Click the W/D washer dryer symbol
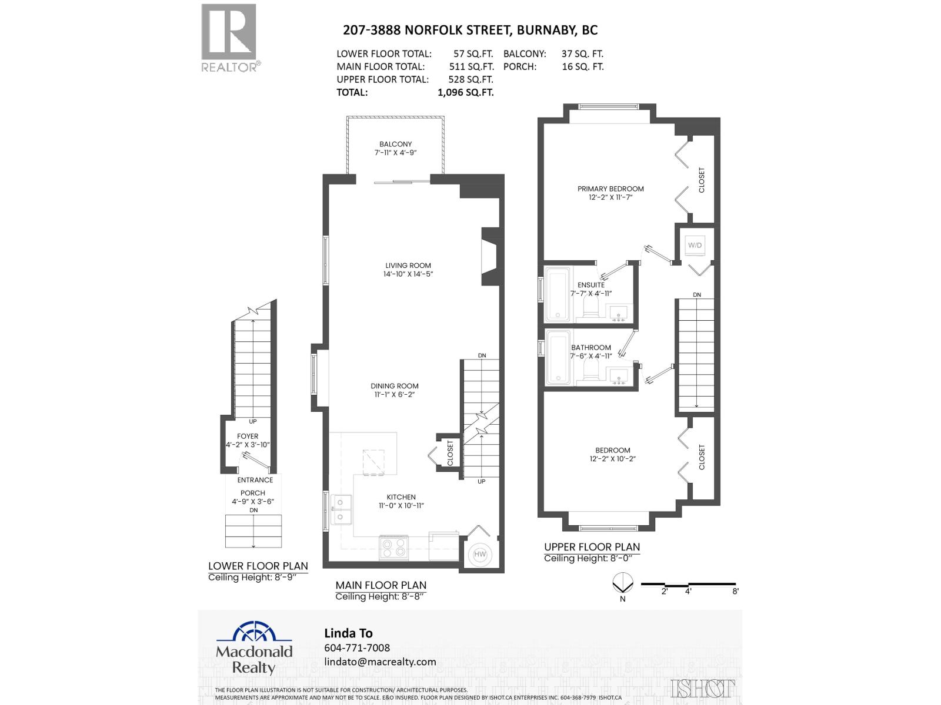[x=695, y=245]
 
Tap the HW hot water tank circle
[x=480, y=554]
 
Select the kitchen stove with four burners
[x=393, y=549]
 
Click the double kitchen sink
[x=341, y=509]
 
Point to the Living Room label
[x=408, y=266]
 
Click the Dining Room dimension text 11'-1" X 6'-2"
[x=395, y=395]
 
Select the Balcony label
[x=395, y=144]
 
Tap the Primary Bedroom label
[x=610, y=189]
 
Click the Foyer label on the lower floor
[x=248, y=437]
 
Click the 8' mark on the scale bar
[x=735, y=592]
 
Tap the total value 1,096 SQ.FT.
[x=465, y=92]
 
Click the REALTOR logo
[x=230, y=38]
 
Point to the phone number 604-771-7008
[x=357, y=647]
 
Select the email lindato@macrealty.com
[x=380, y=662]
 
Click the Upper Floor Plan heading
[x=592, y=546]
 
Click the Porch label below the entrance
[x=253, y=493]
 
